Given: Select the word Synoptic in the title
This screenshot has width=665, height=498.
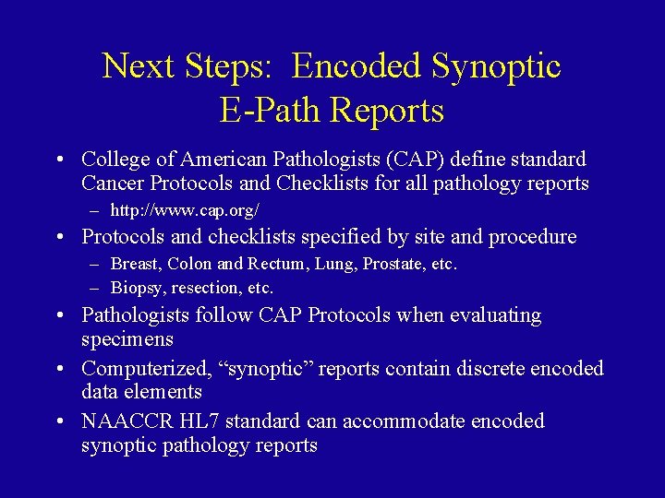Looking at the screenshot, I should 497,66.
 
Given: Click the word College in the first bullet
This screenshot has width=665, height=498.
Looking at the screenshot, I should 115,160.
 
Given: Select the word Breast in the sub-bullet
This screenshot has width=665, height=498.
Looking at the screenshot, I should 135,265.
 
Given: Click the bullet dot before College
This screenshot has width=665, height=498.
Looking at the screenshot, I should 59,160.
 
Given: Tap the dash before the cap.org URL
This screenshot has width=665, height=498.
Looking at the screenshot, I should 94,210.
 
